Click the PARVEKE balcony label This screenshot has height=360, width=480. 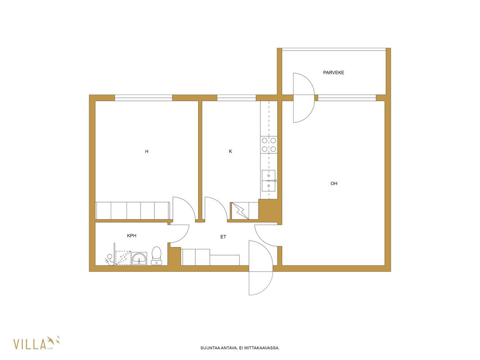pyautogui.click(x=333, y=72)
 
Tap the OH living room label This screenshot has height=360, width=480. pyautogui.click(x=334, y=184)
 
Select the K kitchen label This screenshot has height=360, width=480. pyautogui.click(x=231, y=151)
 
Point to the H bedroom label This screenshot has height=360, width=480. pyautogui.click(x=147, y=151)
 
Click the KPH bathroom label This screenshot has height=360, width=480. pyautogui.click(x=131, y=236)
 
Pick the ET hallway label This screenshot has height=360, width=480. pyautogui.click(x=223, y=237)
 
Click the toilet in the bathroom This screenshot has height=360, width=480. pyautogui.click(x=156, y=256)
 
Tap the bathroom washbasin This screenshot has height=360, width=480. pyautogui.click(x=139, y=258)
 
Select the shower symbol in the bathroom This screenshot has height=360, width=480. pyautogui.click(x=123, y=258)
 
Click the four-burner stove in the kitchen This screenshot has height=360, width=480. pyautogui.click(x=269, y=144)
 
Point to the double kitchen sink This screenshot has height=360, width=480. pyautogui.click(x=268, y=181)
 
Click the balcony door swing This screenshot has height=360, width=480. pyautogui.click(x=303, y=98)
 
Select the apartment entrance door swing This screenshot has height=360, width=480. pyautogui.click(x=261, y=268)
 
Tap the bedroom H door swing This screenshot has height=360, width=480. pyautogui.click(x=184, y=208)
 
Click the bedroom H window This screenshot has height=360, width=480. pyautogui.click(x=144, y=98)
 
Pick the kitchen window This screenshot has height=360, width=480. pyautogui.click(x=236, y=98)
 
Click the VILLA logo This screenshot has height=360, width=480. pyautogui.click(x=36, y=343)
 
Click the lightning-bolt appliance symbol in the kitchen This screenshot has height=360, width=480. pyautogui.click(x=240, y=211)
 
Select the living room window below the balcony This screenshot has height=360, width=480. pyautogui.click(x=347, y=98)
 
